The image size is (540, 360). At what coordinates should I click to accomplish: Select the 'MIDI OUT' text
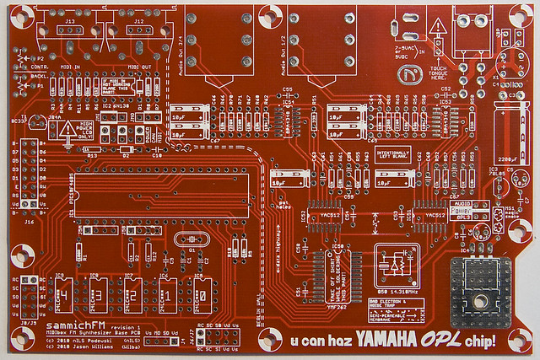click(x=140, y=67)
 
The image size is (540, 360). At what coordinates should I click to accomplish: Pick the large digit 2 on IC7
click(x=132, y=297)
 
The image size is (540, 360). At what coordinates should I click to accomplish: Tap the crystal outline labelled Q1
click(x=192, y=240)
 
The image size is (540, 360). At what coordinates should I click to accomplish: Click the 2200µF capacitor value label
click(x=508, y=159)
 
